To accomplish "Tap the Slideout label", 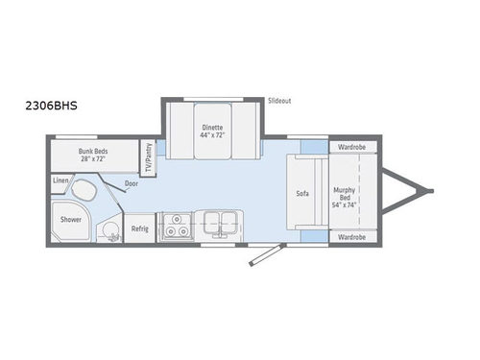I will pos(280,100).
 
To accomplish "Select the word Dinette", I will pos(212,127).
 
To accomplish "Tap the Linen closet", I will pos(60,180).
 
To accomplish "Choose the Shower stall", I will pos(72,219).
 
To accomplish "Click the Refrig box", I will pos(139,228).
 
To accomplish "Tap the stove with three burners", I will pos(176,228).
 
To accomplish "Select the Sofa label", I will pos(301,192).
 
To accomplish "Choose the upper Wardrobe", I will pos(351,148).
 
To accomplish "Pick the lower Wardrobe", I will pos(351,235).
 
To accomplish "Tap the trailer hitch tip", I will pos(430,191).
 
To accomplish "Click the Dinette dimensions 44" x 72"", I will pos(212,135).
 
